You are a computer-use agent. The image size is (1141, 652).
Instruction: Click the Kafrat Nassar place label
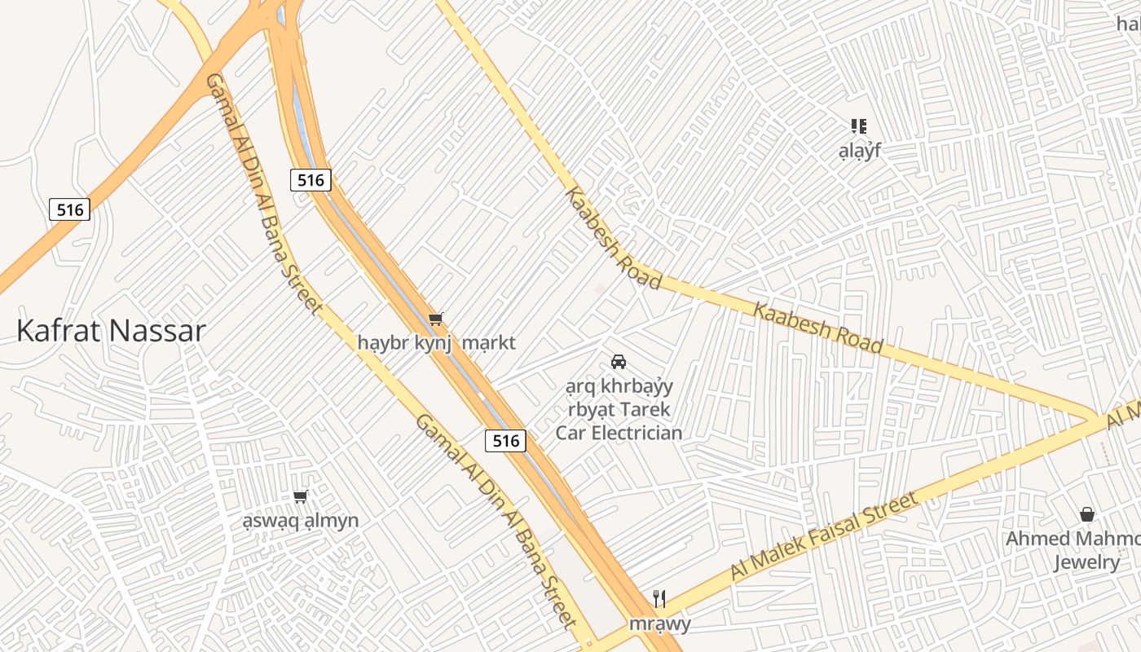(x=111, y=332)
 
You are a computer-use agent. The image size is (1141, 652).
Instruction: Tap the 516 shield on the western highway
(x=70, y=209)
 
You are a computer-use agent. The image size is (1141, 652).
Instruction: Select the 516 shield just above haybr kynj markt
(x=311, y=180)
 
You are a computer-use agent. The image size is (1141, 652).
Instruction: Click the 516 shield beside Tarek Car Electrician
(x=505, y=441)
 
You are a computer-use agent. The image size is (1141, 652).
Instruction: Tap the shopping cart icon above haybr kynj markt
(x=436, y=319)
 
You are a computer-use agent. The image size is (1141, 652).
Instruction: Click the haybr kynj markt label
(x=436, y=342)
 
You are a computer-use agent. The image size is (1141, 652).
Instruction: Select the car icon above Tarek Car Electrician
(x=619, y=361)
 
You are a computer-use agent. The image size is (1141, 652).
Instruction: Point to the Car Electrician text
(x=619, y=433)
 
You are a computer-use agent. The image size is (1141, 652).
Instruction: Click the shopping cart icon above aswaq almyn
(x=301, y=496)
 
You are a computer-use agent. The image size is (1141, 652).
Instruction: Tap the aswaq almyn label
(x=301, y=521)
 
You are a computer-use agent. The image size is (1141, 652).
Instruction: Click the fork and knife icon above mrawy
(x=659, y=599)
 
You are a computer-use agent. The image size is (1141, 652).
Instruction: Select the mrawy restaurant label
(x=659, y=624)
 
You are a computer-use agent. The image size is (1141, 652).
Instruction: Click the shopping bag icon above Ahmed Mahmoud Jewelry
(x=1086, y=514)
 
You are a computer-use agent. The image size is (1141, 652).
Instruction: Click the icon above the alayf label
(x=859, y=126)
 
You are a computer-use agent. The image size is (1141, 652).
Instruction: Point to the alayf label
(x=860, y=151)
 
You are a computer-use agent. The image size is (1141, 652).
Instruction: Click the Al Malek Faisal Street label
(x=824, y=535)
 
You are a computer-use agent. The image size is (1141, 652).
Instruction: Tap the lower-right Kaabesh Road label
(x=817, y=328)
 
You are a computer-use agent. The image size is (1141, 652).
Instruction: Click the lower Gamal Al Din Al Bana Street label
(x=496, y=522)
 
